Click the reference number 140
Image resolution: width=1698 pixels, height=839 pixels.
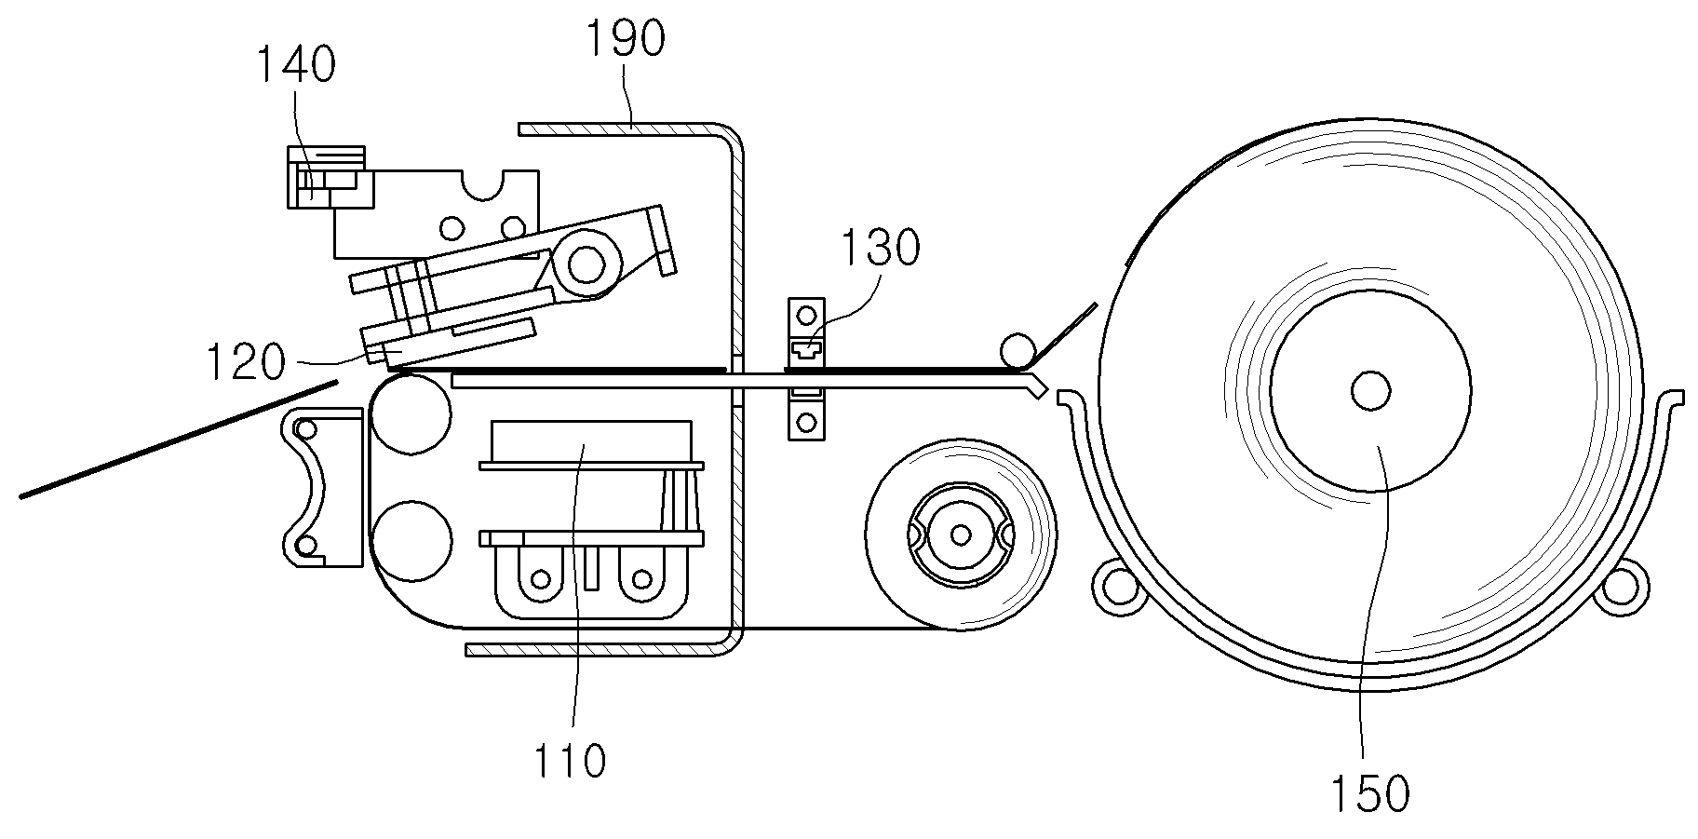295,66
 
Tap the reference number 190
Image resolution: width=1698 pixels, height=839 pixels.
626,39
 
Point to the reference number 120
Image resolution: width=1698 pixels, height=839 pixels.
244,361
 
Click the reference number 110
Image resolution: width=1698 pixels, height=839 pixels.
570,760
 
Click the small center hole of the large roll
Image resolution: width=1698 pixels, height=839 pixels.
1370,390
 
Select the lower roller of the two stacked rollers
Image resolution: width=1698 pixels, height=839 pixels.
411,541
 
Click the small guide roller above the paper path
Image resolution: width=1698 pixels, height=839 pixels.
1017,351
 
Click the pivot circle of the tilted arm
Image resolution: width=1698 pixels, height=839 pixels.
586,264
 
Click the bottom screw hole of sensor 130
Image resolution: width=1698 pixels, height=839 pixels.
806,423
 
